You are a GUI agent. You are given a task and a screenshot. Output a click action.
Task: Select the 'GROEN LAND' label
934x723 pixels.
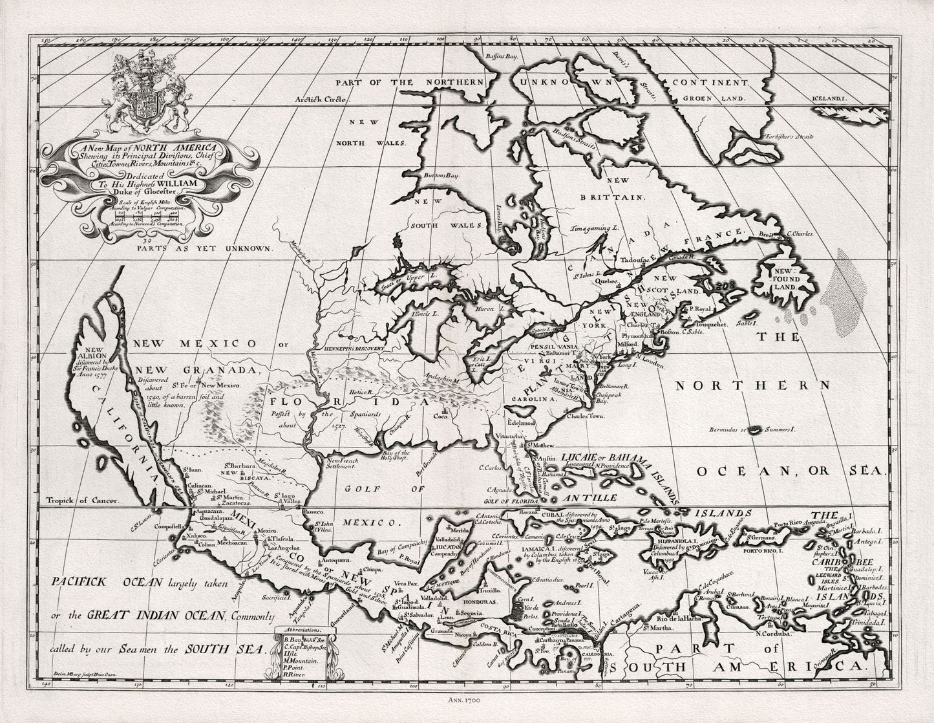click(712, 100)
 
